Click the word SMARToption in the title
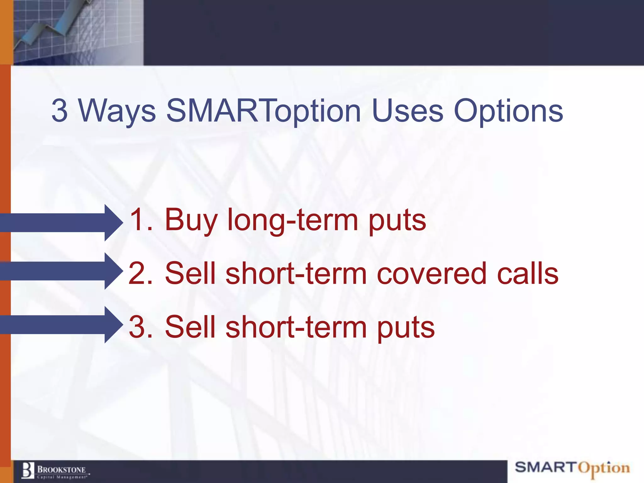264,111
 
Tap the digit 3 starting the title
59,111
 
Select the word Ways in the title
117,111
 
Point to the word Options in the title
508,111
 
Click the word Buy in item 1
191,220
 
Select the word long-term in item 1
293,220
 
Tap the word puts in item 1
397,220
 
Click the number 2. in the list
140,274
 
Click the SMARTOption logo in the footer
572,468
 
